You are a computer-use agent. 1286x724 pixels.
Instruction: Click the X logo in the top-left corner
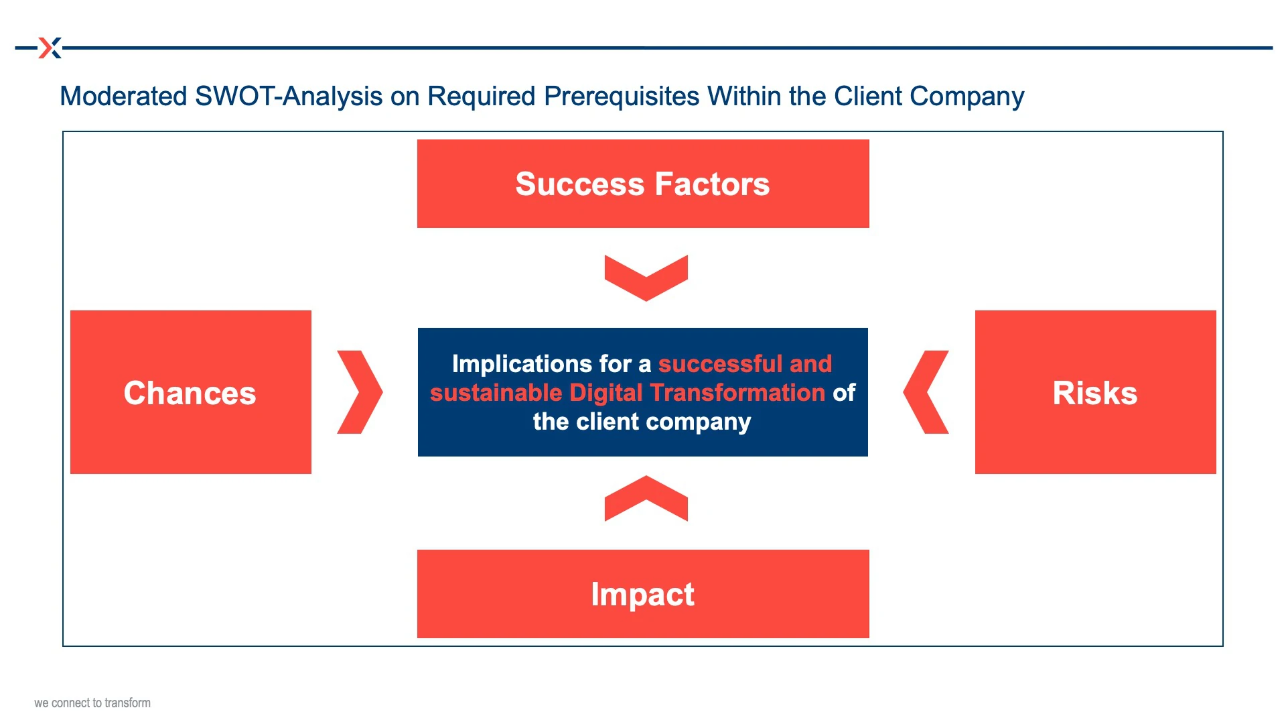coord(50,48)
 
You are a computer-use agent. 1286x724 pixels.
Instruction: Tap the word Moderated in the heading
coord(123,97)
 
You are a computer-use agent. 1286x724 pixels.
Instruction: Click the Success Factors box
coord(643,184)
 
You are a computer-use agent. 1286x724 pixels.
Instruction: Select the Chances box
coord(191,392)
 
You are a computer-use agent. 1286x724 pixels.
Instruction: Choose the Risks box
coord(1096,392)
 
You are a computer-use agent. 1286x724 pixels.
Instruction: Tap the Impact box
coord(643,594)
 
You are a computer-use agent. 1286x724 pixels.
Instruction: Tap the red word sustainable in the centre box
coord(496,393)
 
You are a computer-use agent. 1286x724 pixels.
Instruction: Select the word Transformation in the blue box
coord(737,393)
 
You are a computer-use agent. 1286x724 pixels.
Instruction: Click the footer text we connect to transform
coord(92,703)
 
